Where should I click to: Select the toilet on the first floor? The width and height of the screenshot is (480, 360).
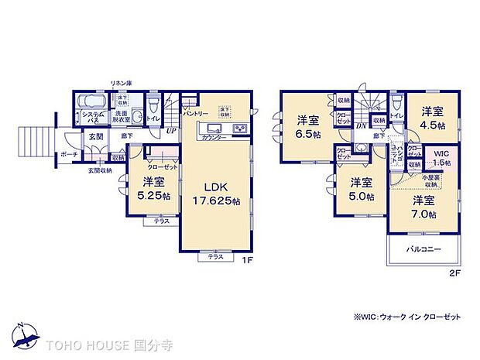154,106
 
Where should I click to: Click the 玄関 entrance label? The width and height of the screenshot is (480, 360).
95,137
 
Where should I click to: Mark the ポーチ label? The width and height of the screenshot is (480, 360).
69,154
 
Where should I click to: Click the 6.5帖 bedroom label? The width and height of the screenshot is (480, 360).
307,125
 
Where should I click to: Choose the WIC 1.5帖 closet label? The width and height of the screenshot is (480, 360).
441,158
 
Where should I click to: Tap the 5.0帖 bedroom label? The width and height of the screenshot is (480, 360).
360,189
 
